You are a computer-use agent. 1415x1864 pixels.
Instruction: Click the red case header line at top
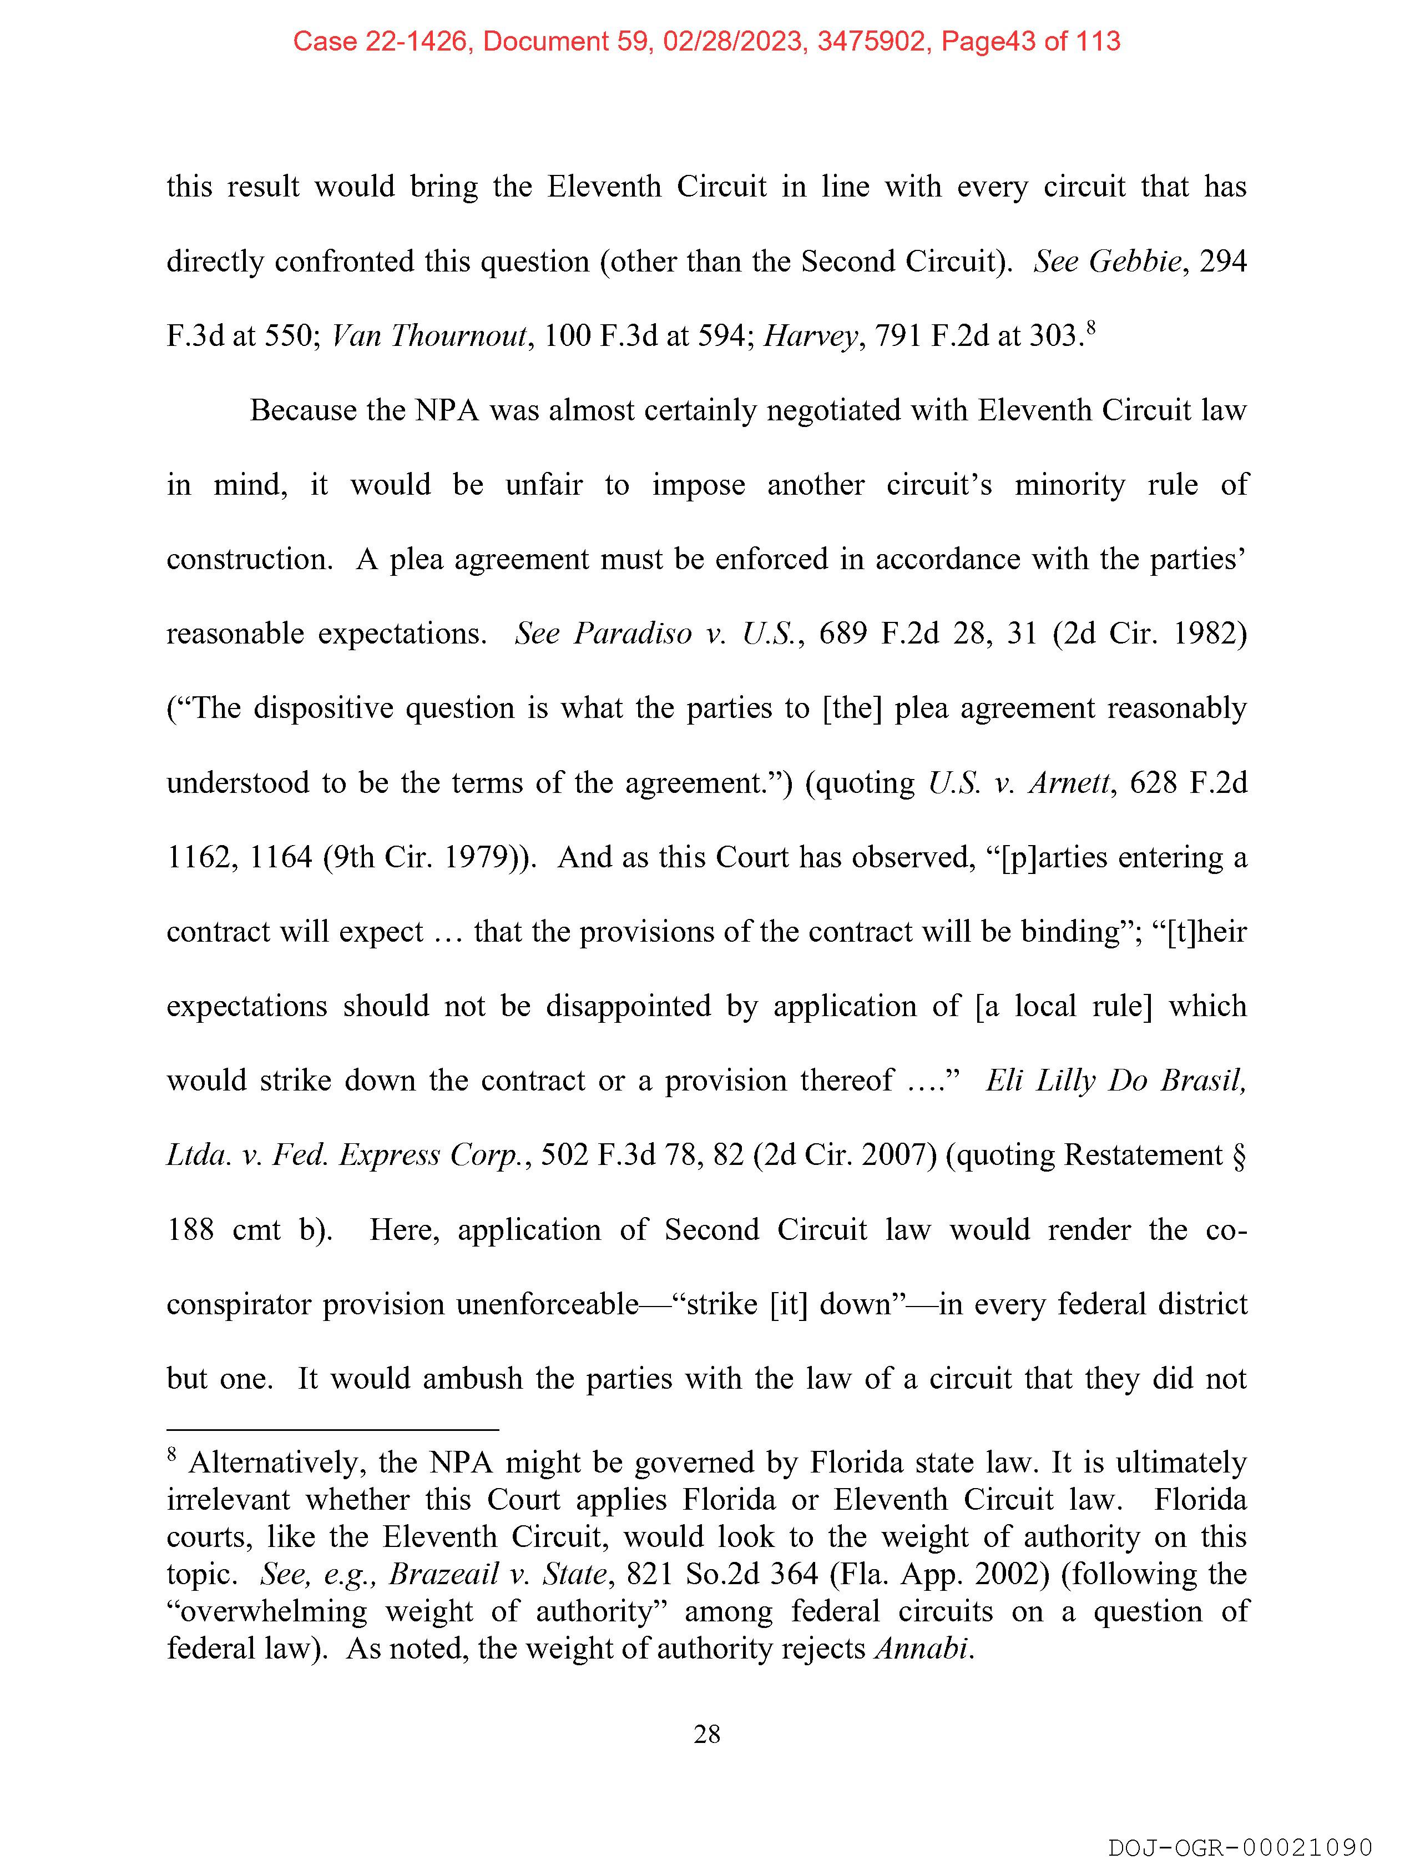pyautogui.click(x=706, y=41)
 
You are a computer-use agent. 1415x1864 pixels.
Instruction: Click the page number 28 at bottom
pyautogui.click(x=706, y=1734)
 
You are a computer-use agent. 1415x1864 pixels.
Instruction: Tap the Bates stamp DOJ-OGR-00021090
pyautogui.click(x=1240, y=1847)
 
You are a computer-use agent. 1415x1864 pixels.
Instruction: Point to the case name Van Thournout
pyautogui.click(x=429, y=336)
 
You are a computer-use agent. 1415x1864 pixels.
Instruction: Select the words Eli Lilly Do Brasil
pyautogui.click(x=1115, y=1081)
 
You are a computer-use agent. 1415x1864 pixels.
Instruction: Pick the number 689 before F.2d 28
pyautogui.click(x=842, y=634)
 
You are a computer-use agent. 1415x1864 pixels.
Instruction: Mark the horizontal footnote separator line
pyautogui.click(x=333, y=1430)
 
